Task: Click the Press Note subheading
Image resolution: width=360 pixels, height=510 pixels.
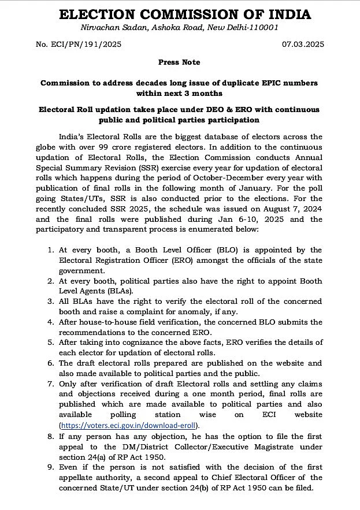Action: tap(179, 62)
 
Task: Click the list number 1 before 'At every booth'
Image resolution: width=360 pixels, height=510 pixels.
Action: tap(50, 250)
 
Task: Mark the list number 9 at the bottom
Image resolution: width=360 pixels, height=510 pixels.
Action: tap(50, 467)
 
